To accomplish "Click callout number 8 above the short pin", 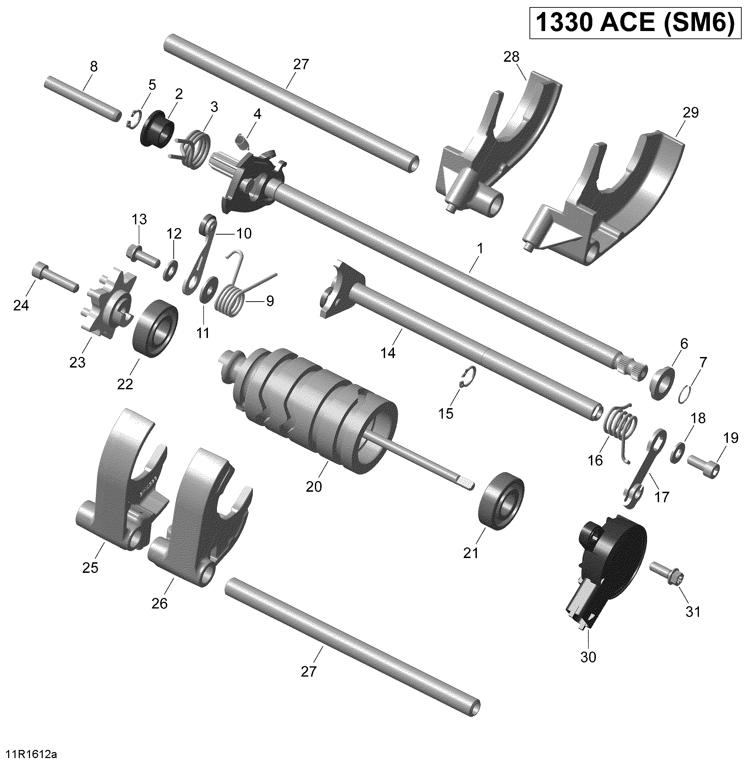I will coord(93,67).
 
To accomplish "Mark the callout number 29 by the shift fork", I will coord(691,113).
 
